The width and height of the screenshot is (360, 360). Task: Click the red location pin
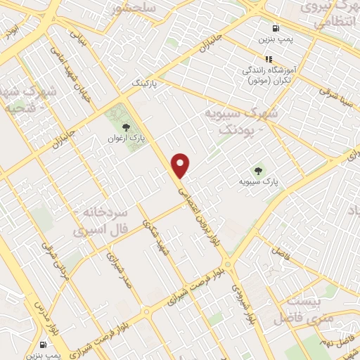181,166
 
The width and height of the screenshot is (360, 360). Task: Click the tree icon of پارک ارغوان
126,127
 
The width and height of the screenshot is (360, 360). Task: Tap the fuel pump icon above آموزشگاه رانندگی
275,29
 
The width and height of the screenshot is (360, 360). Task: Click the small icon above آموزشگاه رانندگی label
268,59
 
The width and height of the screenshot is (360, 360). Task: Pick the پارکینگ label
148,83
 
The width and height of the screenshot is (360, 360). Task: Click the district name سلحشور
136,8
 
